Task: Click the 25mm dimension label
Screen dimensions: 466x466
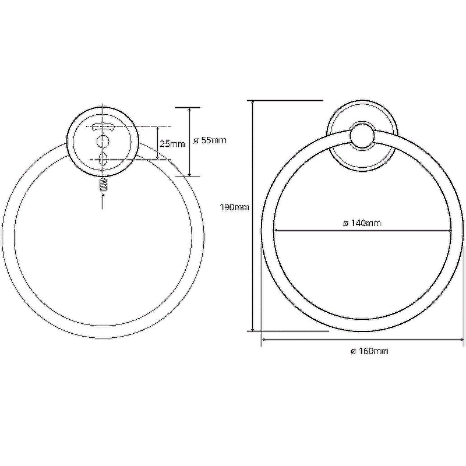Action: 172,144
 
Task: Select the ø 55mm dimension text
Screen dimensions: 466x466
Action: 210,140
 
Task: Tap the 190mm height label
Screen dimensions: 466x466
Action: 234,207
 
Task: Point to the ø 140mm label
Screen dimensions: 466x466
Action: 362,223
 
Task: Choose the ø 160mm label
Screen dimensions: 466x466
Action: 369,351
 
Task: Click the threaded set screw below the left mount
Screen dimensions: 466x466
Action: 103,184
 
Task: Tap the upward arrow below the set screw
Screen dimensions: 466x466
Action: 103,202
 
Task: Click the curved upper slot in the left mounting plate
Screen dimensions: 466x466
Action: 103,127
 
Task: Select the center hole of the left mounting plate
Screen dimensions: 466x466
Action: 103,142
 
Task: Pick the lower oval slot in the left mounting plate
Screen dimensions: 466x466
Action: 103,159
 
